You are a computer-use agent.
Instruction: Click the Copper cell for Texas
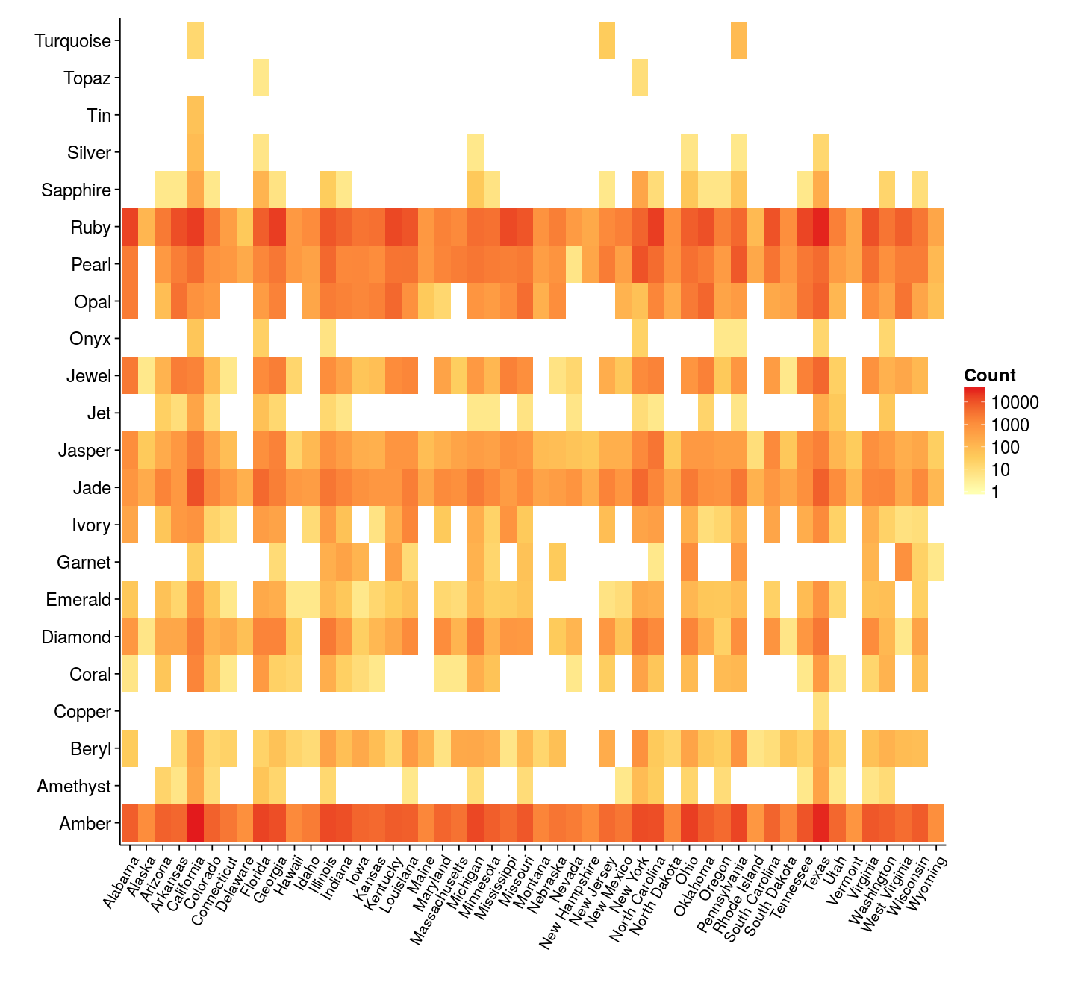click(x=820, y=711)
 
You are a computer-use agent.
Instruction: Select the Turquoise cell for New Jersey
click(x=607, y=40)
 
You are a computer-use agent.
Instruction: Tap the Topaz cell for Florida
click(x=261, y=78)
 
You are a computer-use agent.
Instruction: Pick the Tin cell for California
click(x=196, y=115)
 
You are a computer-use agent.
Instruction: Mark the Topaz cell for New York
click(x=640, y=78)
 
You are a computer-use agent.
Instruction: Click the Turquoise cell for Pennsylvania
click(x=739, y=40)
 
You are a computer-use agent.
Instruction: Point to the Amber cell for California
click(x=196, y=823)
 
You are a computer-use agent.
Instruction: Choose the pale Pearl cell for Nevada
click(x=574, y=264)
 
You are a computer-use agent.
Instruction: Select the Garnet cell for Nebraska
click(x=558, y=562)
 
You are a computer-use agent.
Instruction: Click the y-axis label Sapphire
click(x=76, y=190)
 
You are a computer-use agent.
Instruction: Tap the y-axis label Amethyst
click(x=74, y=787)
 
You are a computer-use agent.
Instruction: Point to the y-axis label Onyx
click(x=90, y=339)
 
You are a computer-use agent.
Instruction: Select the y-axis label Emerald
click(x=78, y=600)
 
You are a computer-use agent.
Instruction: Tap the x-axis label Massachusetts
click(x=441, y=899)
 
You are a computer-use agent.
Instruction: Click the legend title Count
click(x=989, y=375)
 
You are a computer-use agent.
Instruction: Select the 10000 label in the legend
click(x=1015, y=403)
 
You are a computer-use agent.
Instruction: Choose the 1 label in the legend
click(x=995, y=492)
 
